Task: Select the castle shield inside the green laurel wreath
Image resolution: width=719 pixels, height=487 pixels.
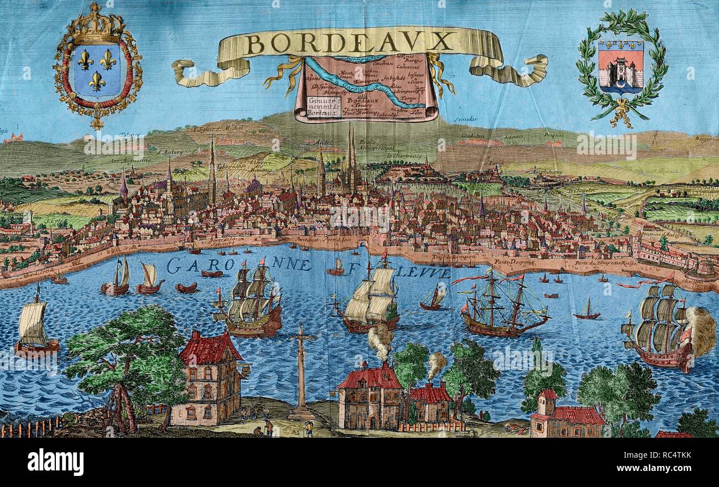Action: [620, 66]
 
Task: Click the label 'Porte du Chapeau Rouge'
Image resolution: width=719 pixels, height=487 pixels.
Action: [605, 263]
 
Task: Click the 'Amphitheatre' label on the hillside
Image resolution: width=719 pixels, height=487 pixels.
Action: [546, 172]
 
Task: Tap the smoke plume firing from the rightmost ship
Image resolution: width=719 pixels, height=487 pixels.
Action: [701, 331]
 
